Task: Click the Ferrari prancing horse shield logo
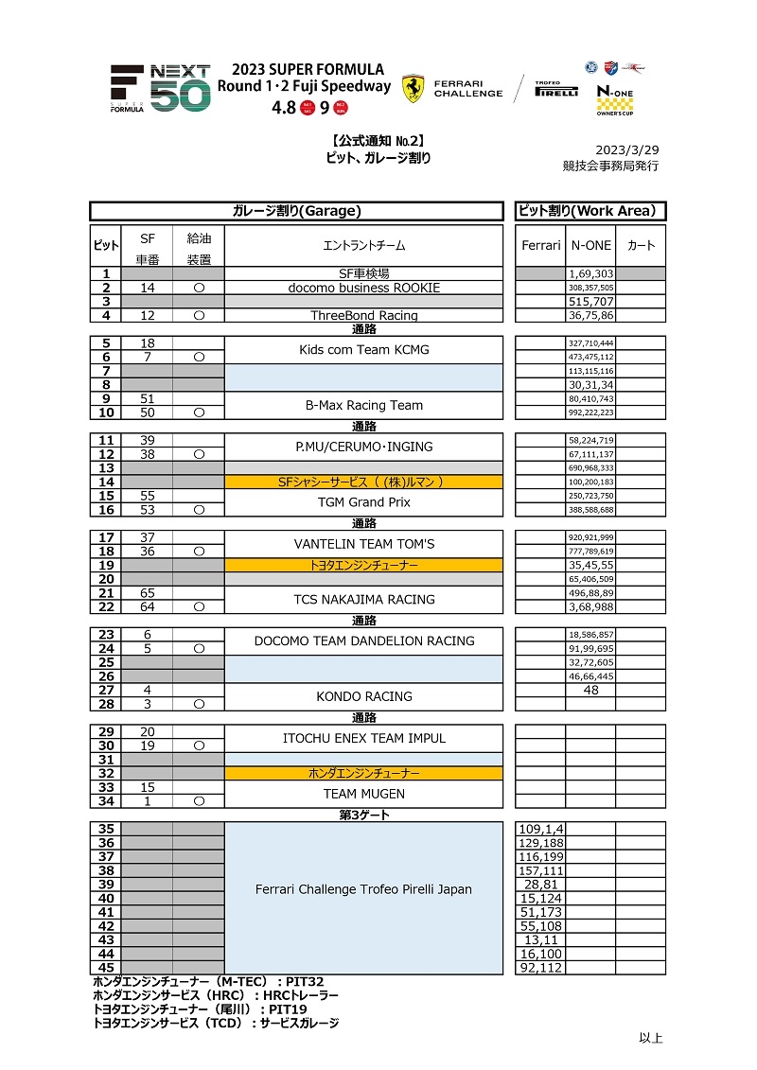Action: pyautogui.click(x=413, y=88)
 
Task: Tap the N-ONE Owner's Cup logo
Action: pyautogui.click(x=615, y=97)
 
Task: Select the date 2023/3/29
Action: pyautogui.click(x=626, y=150)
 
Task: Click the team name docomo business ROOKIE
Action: pyautogui.click(x=363, y=288)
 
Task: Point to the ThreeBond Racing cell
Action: pyautogui.click(x=363, y=316)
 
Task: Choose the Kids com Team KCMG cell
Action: pyautogui.click(x=363, y=350)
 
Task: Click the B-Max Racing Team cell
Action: pyautogui.click(x=363, y=405)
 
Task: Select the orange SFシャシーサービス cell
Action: pyautogui.click(x=363, y=482)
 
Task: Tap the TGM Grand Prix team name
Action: pyautogui.click(x=363, y=502)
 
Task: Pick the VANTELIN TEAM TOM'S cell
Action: pyautogui.click(x=363, y=544)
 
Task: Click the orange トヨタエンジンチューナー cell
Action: pyautogui.click(x=363, y=565)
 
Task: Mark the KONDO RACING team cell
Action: pyautogui.click(x=363, y=696)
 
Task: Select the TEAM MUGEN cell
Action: pyautogui.click(x=363, y=794)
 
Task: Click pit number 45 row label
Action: pyautogui.click(x=106, y=968)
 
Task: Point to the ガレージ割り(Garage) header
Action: pyautogui.click(x=297, y=211)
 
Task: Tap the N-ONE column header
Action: pyautogui.click(x=590, y=246)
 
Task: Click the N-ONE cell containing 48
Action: pyautogui.click(x=590, y=691)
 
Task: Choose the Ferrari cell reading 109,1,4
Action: pyautogui.click(x=541, y=829)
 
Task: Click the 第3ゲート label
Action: pyautogui.click(x=363, y=815)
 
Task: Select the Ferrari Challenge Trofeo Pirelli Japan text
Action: pyautogui.click(x=363, y=889)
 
